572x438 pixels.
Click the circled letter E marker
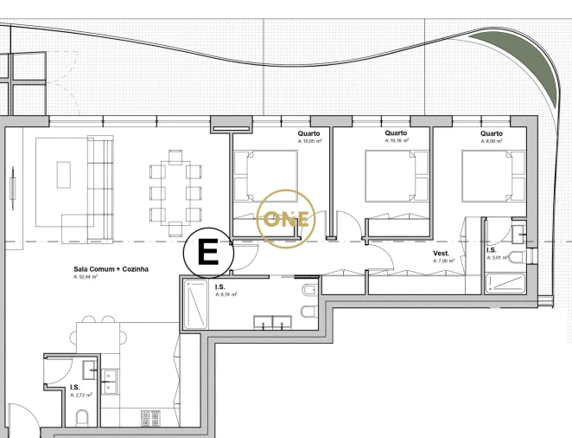(208, 252)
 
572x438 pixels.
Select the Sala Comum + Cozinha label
(111, 269)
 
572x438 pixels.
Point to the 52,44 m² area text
(86, 278)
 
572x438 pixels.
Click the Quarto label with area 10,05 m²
(309, 133)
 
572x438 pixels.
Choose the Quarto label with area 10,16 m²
(395, 133)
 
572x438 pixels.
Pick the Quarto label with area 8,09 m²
(492, 133)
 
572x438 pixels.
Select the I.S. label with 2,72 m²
(76, 388)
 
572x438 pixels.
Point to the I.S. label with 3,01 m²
(492, 249)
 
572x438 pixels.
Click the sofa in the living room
(101, 188)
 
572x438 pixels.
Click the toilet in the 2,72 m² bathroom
(83, 419)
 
